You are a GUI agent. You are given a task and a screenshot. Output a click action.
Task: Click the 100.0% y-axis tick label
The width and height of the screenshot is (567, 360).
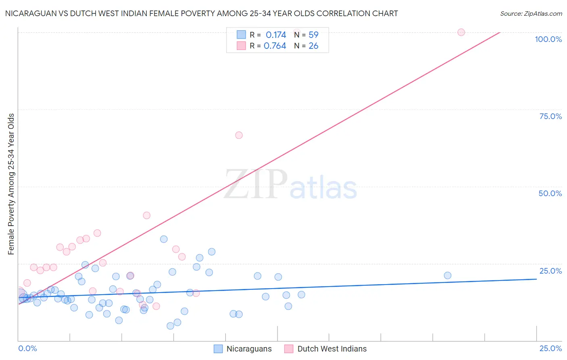[x=548, y=39]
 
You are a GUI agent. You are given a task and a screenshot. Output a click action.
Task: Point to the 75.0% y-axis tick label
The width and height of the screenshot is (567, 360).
[x=550, y=116]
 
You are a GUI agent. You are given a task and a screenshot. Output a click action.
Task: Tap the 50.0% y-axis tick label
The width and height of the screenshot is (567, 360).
[x=550, y=193]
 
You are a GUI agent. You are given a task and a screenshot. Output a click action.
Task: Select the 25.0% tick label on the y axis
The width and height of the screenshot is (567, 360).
[x=550, y=271]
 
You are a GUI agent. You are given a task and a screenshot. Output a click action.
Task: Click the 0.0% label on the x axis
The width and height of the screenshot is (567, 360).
[x=27, y=348]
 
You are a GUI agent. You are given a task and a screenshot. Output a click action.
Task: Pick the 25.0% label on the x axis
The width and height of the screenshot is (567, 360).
[x=550, y=348]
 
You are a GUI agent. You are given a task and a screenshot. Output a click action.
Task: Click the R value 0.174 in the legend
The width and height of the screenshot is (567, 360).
[x=276, y=35]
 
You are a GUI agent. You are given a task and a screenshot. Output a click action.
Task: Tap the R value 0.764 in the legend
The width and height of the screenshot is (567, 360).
[x=275, y=46]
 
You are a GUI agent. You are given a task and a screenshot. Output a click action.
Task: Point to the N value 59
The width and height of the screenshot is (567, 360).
[x=313, y=35]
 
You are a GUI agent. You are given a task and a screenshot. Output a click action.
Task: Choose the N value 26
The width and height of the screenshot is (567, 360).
[x=313, y=46]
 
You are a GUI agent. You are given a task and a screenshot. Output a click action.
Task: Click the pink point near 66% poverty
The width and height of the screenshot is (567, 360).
[x=239, y=135]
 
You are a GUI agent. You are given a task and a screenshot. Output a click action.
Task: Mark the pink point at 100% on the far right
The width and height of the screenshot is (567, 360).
[x=461, y=32]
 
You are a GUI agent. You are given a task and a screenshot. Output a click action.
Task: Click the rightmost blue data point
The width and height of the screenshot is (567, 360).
[x=448, y=276]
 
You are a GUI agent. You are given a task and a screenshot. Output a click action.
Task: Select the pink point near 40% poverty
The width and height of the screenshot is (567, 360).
[x=147, y=216]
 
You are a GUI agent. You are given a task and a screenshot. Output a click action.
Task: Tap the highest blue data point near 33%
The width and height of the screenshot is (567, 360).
[x=164, y=239]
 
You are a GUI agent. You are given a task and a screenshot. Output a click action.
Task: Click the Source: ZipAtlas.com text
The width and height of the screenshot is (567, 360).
[x=531, y=14]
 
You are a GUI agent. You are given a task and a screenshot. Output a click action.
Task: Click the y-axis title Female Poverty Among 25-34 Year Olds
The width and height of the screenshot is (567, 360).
[x=11, y=184]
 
